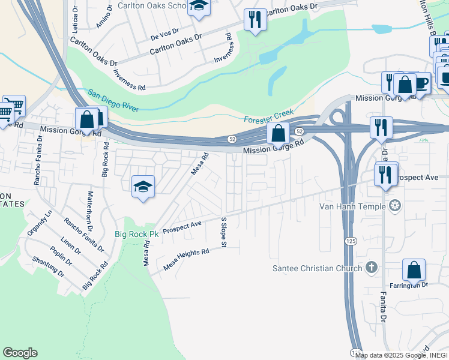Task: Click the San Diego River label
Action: pyautogui.click(x=113, y=101)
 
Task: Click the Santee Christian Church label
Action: pyautogui.click(x=316, y=268)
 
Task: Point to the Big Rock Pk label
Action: pyautogui.click(x=136, y=235)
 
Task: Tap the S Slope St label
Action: pyautogui.click(x=224, y=232)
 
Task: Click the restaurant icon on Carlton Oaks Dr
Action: pyautogui.click(x=255, y=20)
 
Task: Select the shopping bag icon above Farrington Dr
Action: pyautogui.click(x=414, y=270)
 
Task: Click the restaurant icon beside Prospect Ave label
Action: pyautogui.click(x=385, y=174)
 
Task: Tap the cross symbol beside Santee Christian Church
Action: pyautogui.click(x=372, y=267)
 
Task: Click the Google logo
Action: pyautogui.click(x=20, y=353)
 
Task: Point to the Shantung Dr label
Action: pyautogui.click(x=48, y=267)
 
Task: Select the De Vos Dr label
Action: pyautogui.click(x=161, y=36)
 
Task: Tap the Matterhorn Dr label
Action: pyautogui.click(x=89, y=212)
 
